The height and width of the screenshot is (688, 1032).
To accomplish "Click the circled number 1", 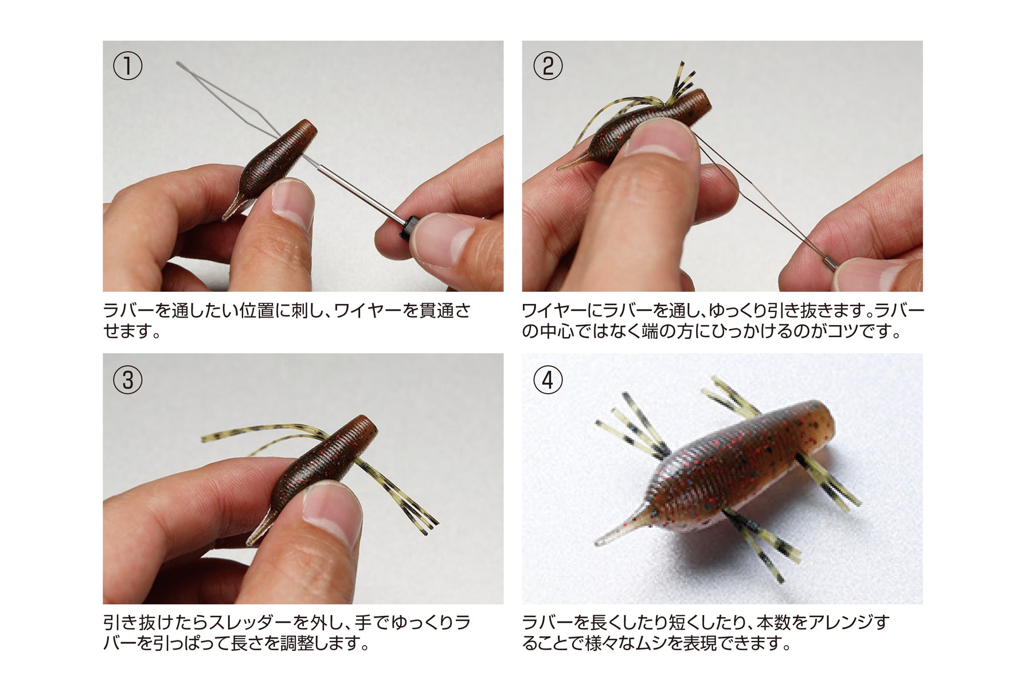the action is pos(127,67).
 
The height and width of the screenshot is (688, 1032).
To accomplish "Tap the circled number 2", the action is pos(548,67).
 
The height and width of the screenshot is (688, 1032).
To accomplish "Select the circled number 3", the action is pos(127,380).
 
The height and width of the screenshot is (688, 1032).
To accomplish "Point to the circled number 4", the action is pos(548,380).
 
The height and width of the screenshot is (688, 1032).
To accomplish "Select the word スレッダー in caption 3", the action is pos(250,623).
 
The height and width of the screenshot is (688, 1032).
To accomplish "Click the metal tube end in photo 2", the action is pos(829,264).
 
